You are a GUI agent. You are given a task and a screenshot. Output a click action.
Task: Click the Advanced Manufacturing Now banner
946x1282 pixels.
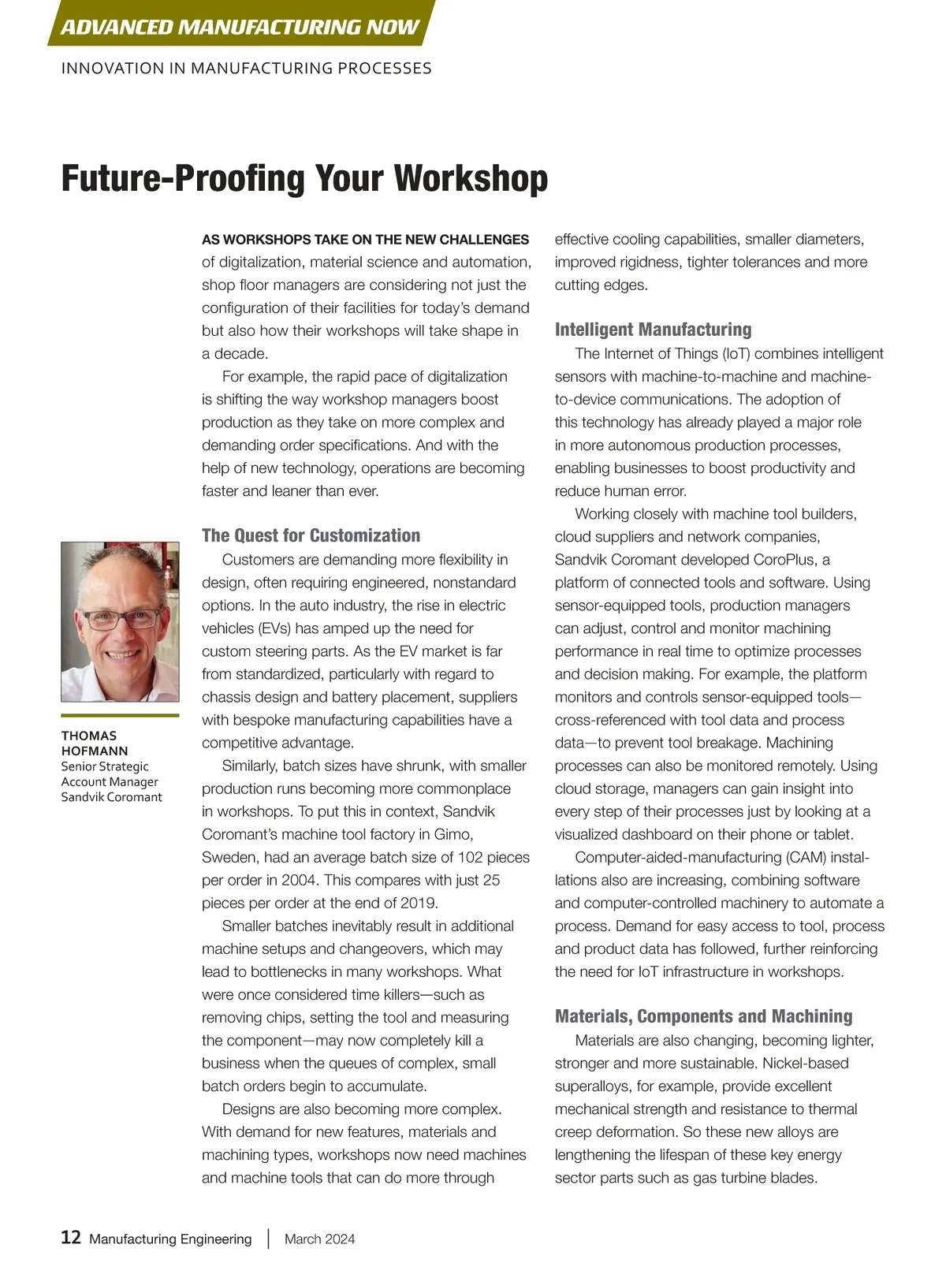click(x=240, y=27)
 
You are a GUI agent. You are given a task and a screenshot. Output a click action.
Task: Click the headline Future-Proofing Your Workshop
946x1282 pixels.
click(x=304, y=178)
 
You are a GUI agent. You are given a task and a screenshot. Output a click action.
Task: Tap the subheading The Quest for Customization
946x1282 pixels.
click(x=311, y=535)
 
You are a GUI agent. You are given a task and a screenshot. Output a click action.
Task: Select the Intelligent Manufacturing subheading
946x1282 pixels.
click(x=653, y=330)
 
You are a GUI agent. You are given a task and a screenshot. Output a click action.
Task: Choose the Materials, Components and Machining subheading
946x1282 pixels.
click(x=703, y=1016)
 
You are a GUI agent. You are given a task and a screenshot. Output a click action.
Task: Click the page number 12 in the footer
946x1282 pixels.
click(x=71, y=1237)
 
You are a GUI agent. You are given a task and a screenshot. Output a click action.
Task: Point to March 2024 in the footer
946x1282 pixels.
click(x=319, y=1239)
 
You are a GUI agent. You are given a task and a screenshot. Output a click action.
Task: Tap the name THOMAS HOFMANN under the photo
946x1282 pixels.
click(x=94, y=743)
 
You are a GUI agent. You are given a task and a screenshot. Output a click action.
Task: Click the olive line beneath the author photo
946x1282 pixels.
click(x=120, y=715)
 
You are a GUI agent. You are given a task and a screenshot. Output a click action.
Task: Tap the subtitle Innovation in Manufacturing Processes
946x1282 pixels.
click(x=246, y=69)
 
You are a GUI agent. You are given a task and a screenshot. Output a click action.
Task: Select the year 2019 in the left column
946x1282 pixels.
click(x=415, y=903)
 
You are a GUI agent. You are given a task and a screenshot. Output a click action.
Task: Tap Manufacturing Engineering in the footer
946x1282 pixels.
click(x=170, y=1239)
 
